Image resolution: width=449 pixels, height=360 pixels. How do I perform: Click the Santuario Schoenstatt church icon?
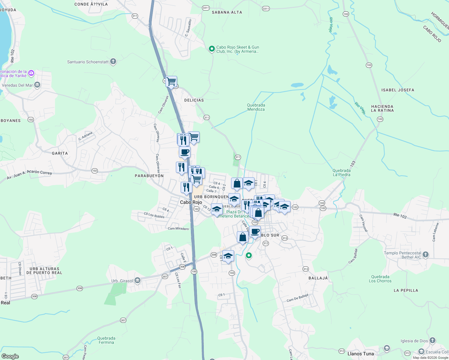pos(113,62)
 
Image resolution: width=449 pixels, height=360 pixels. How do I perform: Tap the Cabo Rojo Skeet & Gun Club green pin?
pos(212,49)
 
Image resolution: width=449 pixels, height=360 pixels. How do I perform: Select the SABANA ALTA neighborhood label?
pos(227,12)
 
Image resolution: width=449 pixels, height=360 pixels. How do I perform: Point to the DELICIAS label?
pos(194,100)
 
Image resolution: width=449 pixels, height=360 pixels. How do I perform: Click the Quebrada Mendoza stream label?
pos(256,107)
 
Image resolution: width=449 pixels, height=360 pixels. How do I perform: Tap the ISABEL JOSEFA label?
pos(398,90)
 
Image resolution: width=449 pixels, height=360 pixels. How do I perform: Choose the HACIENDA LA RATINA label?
pos(382,108)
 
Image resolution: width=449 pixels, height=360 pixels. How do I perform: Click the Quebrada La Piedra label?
pos(341,172)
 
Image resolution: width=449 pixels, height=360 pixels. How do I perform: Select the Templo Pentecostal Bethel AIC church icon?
pos(426,255)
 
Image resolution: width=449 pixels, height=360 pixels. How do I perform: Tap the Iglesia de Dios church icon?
pos(432,340)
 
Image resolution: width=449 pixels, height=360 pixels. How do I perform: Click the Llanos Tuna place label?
pos(360,354)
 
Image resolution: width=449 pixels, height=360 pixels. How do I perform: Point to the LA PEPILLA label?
pos(406,290)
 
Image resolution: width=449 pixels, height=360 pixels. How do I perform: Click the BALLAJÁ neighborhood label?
pos(318,278)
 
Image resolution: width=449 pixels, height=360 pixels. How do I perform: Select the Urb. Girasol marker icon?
pos(137,281)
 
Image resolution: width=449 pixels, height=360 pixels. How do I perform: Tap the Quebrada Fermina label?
pos(106,340)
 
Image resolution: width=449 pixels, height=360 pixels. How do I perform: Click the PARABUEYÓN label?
pos(149,176)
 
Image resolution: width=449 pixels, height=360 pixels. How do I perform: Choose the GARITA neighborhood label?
pos(60,153)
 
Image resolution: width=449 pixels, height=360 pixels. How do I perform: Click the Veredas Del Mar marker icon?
pos(37,85)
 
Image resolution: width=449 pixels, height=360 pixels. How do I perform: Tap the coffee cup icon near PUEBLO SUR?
pos(255,232)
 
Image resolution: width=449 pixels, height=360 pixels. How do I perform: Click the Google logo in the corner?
pos(10,356)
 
